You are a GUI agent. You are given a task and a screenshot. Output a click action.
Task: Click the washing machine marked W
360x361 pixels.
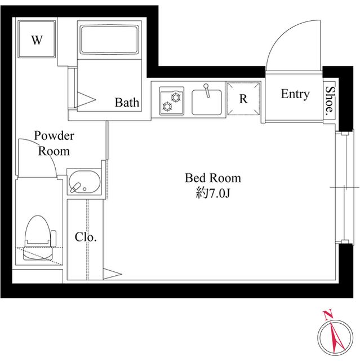pos(37,39)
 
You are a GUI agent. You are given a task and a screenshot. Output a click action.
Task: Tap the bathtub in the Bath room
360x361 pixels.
pos(109,39)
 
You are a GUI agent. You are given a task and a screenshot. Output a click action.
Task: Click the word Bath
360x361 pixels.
pos(127,103)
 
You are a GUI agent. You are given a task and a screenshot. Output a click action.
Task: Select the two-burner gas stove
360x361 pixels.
pos(172,101)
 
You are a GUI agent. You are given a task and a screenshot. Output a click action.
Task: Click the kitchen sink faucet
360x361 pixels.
pos(207,90)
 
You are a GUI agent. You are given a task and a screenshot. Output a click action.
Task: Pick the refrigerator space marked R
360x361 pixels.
pos(243,98)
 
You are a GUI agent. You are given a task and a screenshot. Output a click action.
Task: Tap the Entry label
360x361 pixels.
pos(295,94)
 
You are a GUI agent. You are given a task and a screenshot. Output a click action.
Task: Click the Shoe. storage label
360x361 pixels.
pos(330,99)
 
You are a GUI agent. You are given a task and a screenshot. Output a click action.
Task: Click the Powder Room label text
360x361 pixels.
pos(54,143)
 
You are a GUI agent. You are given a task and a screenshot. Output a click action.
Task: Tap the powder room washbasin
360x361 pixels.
pos(85,182)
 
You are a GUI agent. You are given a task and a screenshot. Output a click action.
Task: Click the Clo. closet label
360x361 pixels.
pos(86,237)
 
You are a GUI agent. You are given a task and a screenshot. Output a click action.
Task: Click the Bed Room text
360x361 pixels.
pos(213,178)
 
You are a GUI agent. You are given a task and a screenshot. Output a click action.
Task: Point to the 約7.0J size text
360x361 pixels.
pos(213,193)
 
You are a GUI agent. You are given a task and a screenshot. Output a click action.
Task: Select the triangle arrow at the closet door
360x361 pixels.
pos(112,274)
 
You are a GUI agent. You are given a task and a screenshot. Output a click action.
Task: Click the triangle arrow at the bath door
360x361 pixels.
pos(86,100)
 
